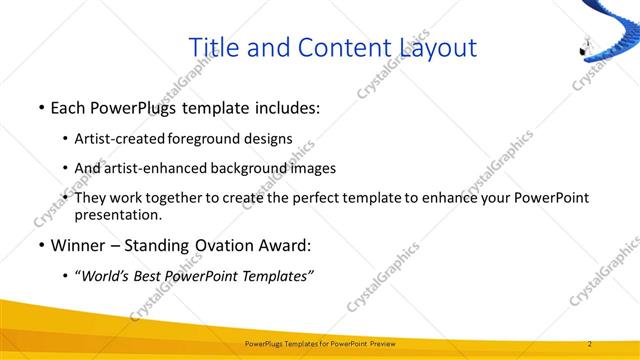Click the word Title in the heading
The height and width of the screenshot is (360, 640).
[214, 47]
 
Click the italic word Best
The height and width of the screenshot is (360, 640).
[152, 275]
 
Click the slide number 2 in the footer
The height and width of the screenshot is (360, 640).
[590, 344]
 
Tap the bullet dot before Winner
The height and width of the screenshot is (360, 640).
[40, 245]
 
